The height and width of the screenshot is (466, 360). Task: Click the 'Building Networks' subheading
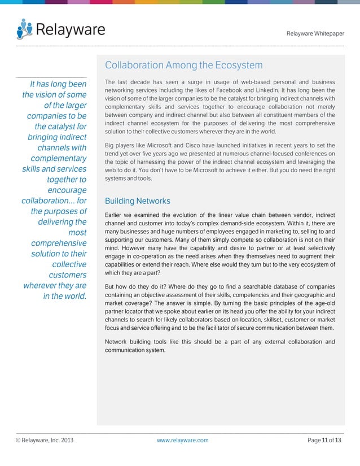tap(138, 201)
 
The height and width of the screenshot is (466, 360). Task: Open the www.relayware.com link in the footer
tap(182, 439)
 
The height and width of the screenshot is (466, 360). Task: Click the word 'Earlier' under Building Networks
tap(116, 215)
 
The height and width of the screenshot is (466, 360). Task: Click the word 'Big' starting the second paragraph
tap(111, 145)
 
